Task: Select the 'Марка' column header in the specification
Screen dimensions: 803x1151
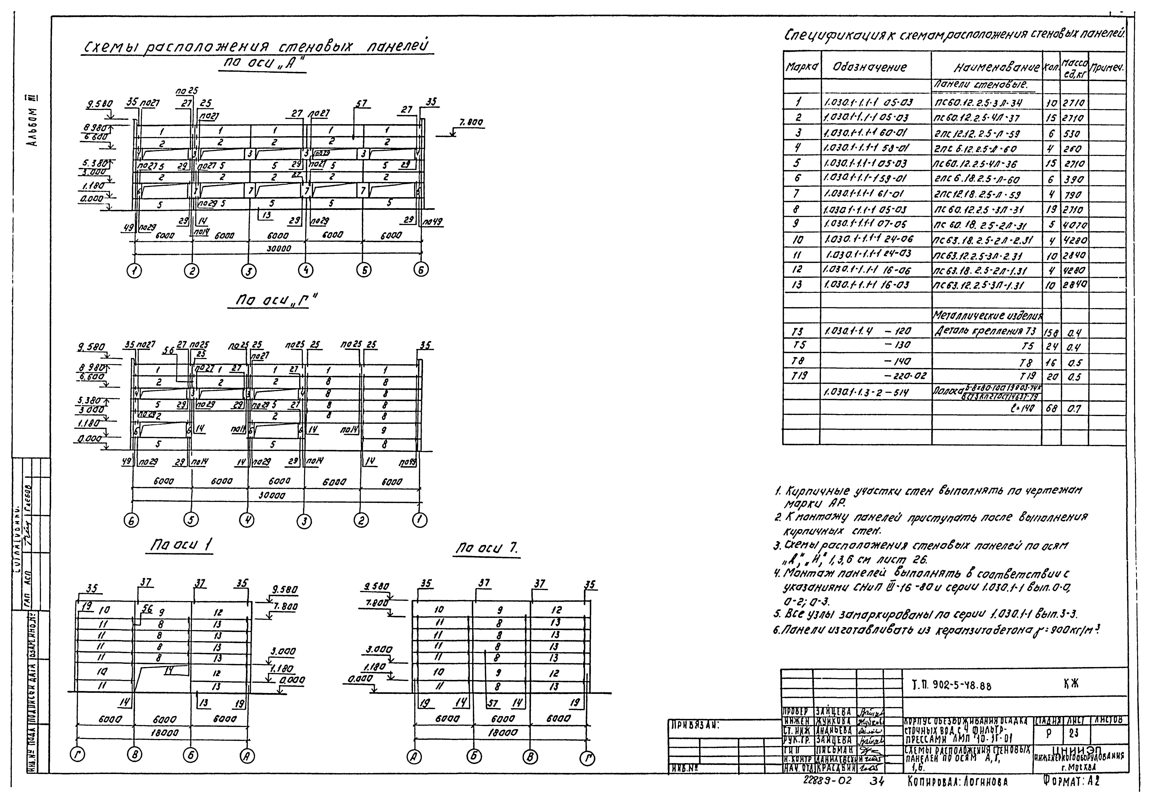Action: pyautogui.click(x=801, y=67)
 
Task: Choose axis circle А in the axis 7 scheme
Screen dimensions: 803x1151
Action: pyautogui.click(x=414, y=759)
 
